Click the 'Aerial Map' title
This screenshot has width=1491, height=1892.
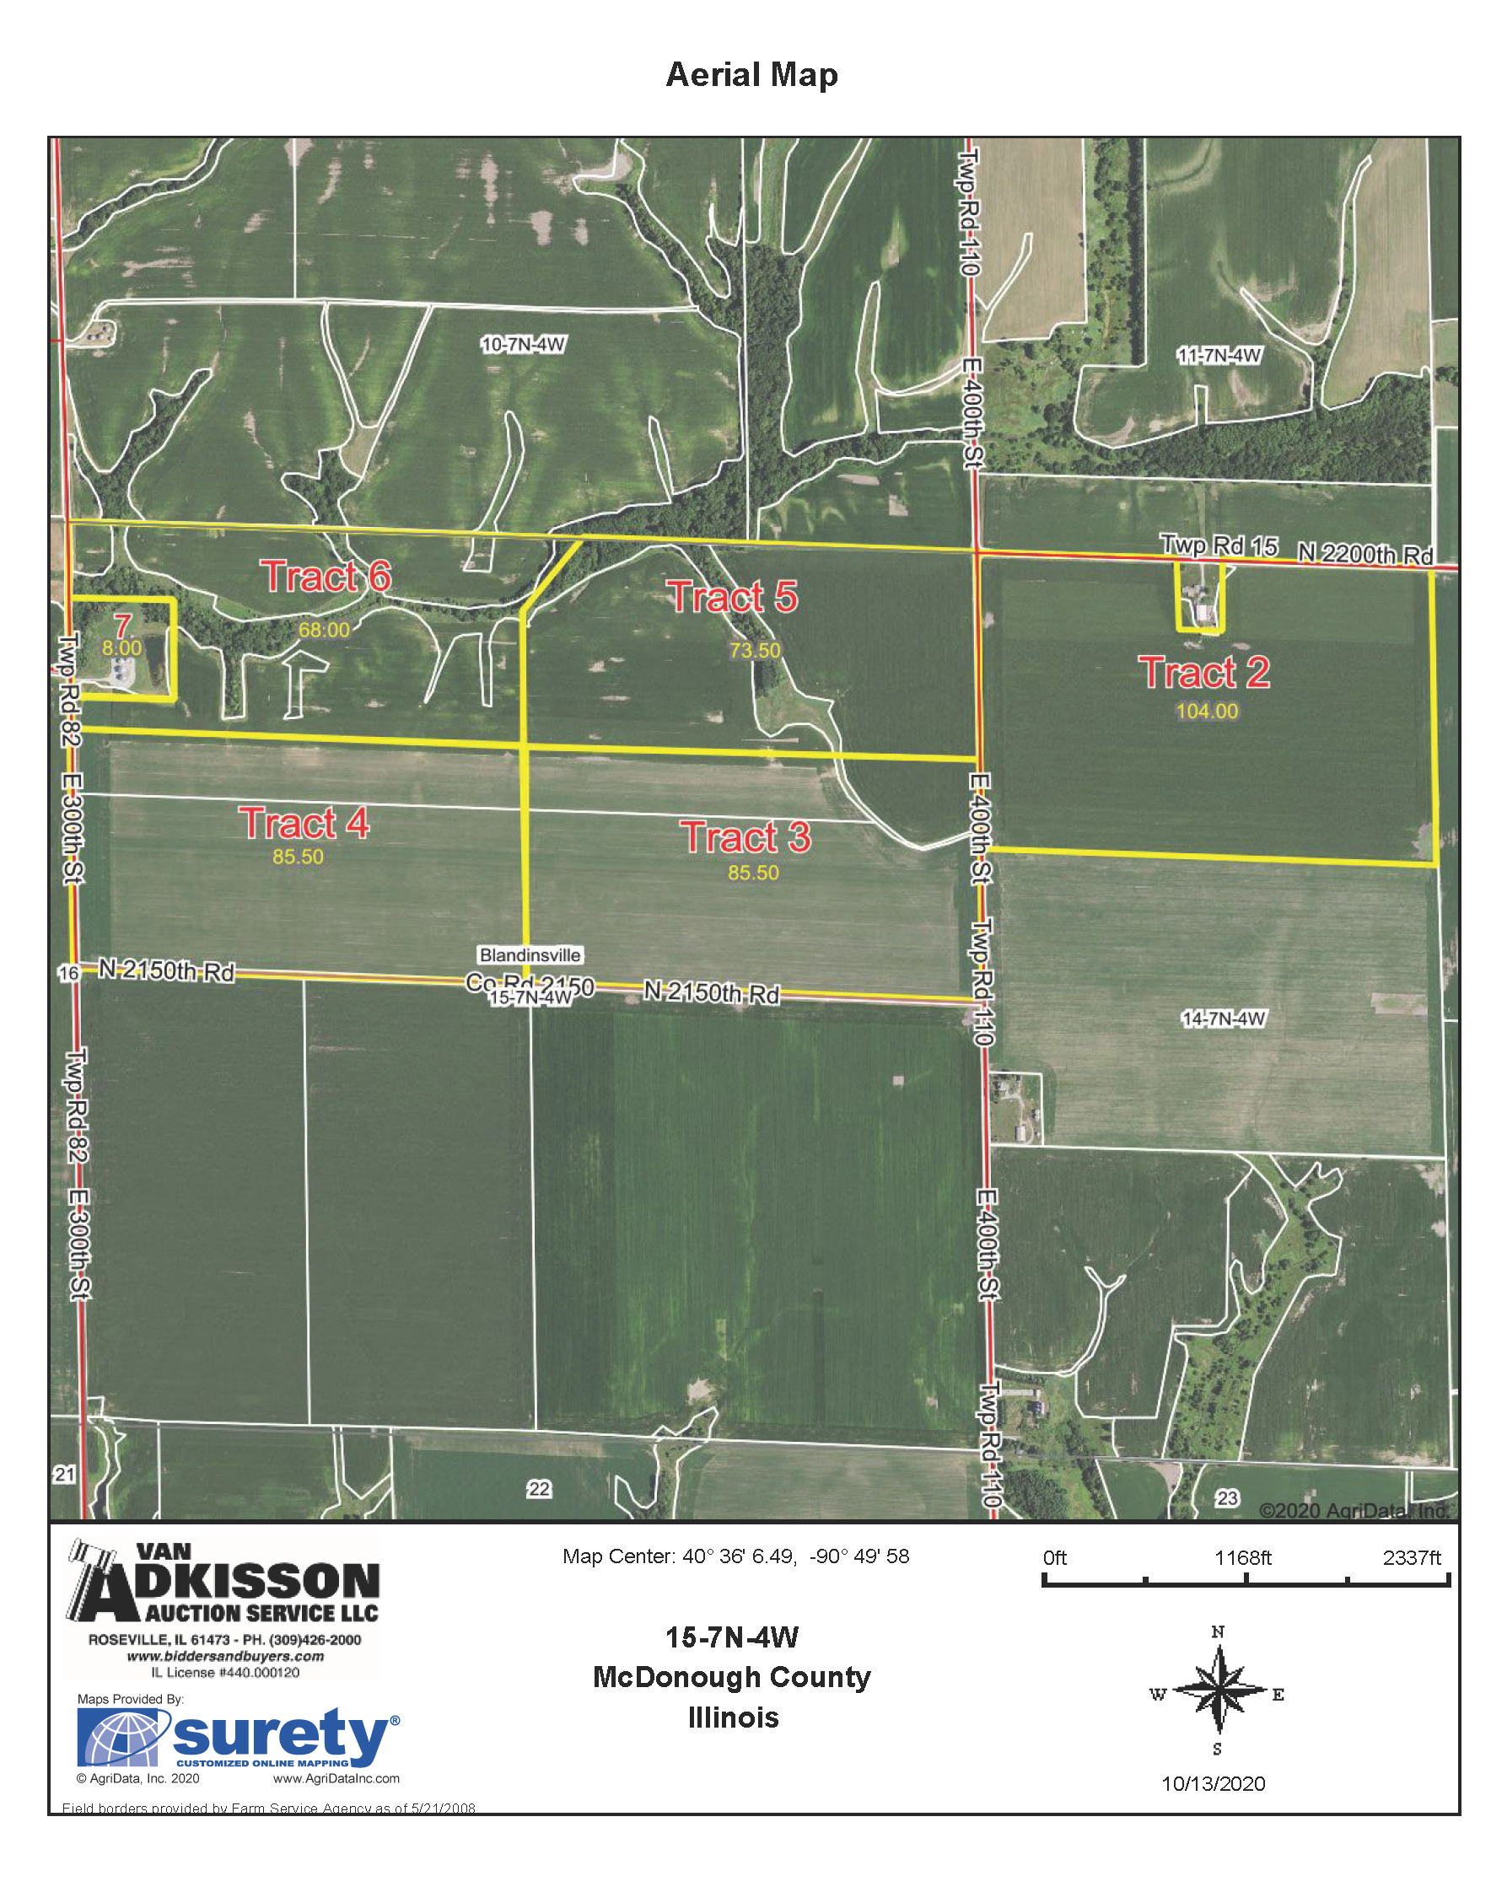click(751, 75)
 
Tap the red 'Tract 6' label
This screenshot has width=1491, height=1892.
click(326, 577)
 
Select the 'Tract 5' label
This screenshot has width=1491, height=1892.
click(734, 598)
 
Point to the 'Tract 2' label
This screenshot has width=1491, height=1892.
click(1203, 673)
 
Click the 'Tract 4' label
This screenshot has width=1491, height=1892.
click(304, 823)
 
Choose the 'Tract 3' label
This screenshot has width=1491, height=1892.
click(745, 837)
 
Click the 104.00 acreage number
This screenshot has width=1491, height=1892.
click(1207, 712)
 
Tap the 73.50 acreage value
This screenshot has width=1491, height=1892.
click(755, 650)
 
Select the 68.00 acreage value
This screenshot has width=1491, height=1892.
click(324, 630)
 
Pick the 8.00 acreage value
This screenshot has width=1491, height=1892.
click(121, 648)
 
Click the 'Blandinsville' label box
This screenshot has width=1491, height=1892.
click(530, 954)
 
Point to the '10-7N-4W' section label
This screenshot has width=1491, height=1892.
click(523, 345)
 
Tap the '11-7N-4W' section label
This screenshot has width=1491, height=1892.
click(1219, 355)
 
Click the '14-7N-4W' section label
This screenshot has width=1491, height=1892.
click(1223, 1019)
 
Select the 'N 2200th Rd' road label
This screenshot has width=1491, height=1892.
click(1365, 553)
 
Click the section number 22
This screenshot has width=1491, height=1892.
click(540, 1489)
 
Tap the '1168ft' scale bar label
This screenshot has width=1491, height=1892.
click(1242, 1558)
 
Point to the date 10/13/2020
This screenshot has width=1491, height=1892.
click(1213, 1784)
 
